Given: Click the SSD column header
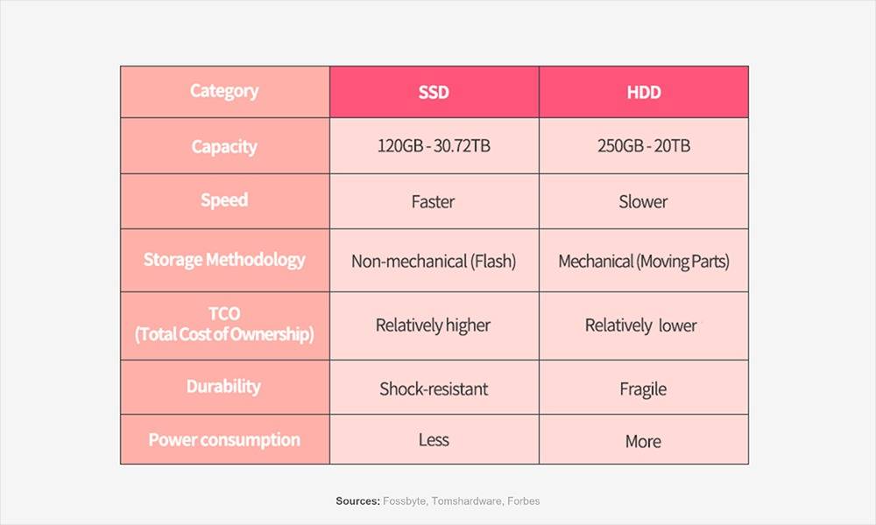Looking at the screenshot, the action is (x=434, y=92).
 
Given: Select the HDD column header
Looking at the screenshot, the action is (x=644, y=92).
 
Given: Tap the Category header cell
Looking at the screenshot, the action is (x=224, y=91).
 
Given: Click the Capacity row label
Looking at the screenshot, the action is (x=224, y=147).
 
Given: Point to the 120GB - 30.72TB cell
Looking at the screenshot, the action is (x=434, y=145).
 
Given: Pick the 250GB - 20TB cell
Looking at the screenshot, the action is (x=644, y=145).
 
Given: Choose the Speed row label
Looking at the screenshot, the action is (x=224, y=200).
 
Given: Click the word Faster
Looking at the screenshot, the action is (x=433, y=201).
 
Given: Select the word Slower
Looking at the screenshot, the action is (x=643, y=201).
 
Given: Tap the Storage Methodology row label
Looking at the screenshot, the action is (x=224, y=259).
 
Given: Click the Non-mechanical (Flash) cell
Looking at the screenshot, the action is (x=434, y=261).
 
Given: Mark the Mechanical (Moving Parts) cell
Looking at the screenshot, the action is (x=644, y=261).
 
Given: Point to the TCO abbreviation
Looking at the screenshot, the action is (x=224, y=313).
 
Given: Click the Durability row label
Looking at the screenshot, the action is (x=223, y=386).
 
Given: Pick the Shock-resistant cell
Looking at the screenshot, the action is (x=434, y=388).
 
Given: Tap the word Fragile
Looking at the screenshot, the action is (x=643, y=389).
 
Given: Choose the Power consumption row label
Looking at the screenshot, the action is (x=224, y=439).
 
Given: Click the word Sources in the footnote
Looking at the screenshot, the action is (x=358, y=501).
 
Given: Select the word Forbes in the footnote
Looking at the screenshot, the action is (x=524, y=501).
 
